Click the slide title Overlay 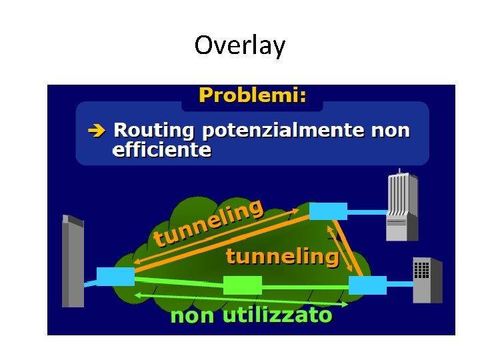[239, 45]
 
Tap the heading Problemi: [252, 95]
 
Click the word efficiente [162, 150]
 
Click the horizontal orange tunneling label [282, 257]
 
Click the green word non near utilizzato [193, 315]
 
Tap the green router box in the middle [243, 285]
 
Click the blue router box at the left [115, 276]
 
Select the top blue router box [328, 211]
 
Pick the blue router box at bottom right [367, 285]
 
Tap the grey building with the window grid [427, 280]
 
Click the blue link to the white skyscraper [367, 212]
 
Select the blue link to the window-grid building [399, 284]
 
